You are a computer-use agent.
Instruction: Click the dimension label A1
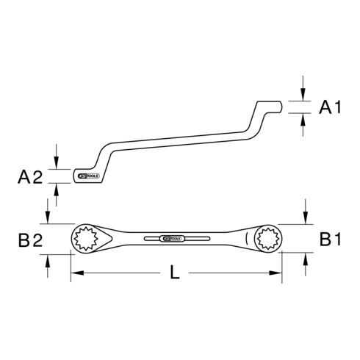pyautogui.click(x=329, y=109)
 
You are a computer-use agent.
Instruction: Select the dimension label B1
pyautogui.click(x=329, y=238)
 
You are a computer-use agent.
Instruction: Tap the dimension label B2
pyautogui.click(x=30, y=238)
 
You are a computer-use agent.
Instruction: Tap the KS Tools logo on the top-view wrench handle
pyautogui.click(x=168, y=238)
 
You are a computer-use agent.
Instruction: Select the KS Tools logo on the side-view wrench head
pyautogui.click(x=87, y=176)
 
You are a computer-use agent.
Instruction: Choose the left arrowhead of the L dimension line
pyautogui.click(x=75, y=274)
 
